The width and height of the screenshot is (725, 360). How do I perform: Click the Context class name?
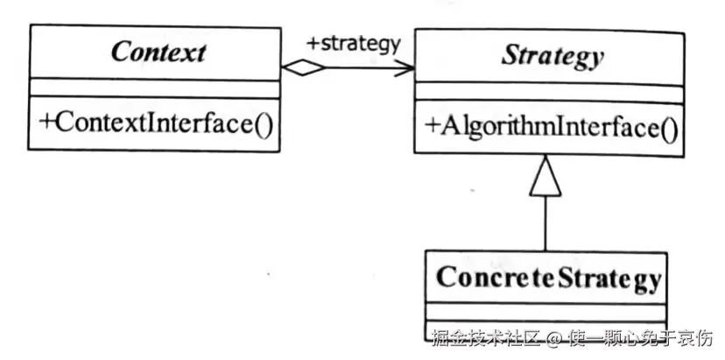pyautogui.click(x=158, y=52)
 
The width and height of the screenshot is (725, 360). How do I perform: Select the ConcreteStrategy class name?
pyautogui.click(x=549, y=279)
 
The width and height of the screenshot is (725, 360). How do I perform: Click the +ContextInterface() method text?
pyautogui.click(x=156, y=124)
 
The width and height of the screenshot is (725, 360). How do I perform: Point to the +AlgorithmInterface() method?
pyautogui.click(x=551, y=128)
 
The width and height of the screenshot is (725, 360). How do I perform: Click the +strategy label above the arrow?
pyautogui.click(x=353, y=44)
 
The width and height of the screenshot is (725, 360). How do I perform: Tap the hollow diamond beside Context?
pyautogui.click(x=303, y=68)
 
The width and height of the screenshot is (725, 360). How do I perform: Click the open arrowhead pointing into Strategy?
pyautogui.click(x=405, y=68)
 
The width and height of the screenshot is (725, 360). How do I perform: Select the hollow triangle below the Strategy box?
pyautogui.click(x=546, y=176)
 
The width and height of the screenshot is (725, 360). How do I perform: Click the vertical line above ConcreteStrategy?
pyautogui.click(x=546, y=224)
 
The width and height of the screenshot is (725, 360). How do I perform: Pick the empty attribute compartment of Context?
pyautogui.click(x=154, y=88)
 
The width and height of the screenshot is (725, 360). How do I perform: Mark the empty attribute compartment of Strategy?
pyautogui.click(x=549, y=94)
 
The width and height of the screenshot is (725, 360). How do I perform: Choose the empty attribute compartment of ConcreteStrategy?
pyautogui.click(x=546, y=312)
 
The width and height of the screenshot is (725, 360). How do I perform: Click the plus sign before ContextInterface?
pyautogui.click(x=46, y=122)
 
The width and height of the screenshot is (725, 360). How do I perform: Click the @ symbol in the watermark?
pyautogui.click(x=554, y=340)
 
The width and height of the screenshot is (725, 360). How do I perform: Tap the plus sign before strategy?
pyautogui.click(x=313, y=44)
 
